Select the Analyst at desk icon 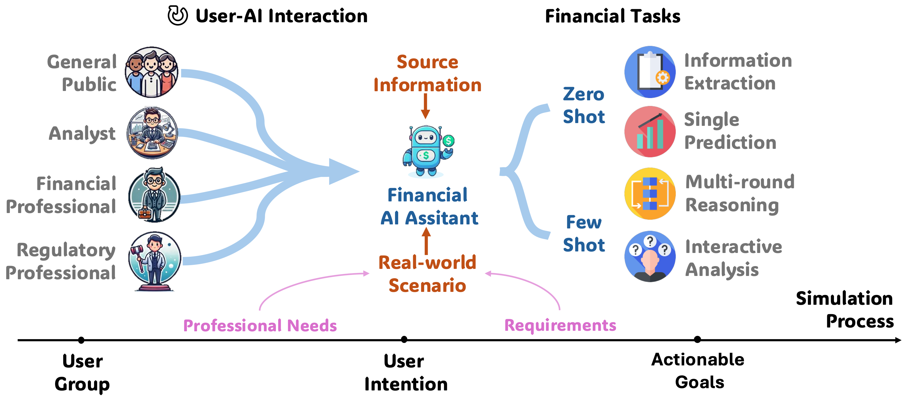coord(152,133)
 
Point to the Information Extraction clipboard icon coord(650,72)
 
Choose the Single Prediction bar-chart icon coord(650,132)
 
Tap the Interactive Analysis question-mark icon coord(650,256)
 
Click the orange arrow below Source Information coord(425,106)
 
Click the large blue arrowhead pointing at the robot coord(343,172)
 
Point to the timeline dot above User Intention coord(404,339)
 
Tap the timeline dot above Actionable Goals coord(697,339)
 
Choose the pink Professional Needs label coord(260,325)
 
